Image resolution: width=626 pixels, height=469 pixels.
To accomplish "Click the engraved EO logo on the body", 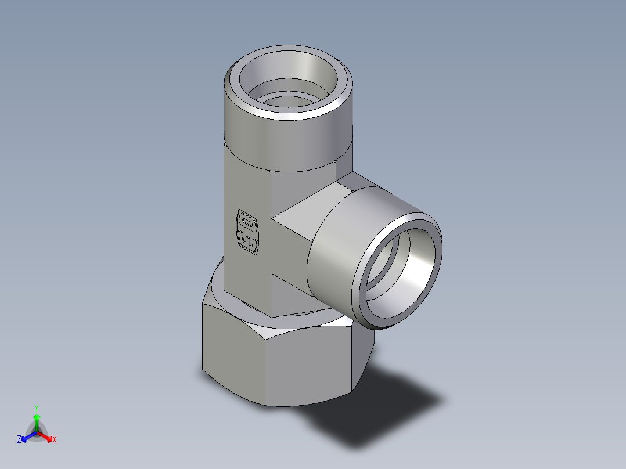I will [247, 230].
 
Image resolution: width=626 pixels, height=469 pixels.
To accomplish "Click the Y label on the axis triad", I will [37, 407].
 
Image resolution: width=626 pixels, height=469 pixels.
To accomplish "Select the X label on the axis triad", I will [55, 440].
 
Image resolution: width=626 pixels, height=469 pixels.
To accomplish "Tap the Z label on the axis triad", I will [19, 440].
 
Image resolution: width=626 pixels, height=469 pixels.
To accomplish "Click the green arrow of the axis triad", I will [37, 421].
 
